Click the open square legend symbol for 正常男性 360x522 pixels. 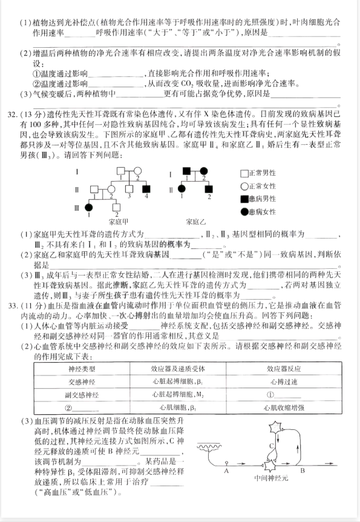tap(244, 172)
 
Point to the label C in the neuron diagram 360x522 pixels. tap(272, 446)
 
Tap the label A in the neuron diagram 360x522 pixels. tap(226, 470)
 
